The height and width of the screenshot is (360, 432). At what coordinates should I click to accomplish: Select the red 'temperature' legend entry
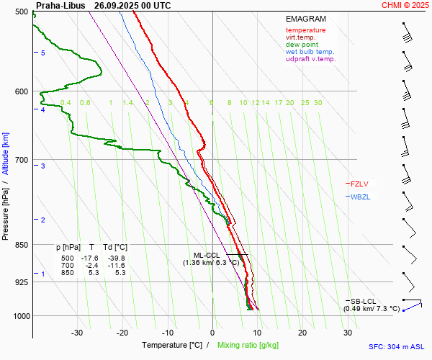[305, 30]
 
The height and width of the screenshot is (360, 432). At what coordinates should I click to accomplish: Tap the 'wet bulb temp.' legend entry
[310, 52]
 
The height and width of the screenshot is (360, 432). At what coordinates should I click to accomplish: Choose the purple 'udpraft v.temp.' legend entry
[310, 59]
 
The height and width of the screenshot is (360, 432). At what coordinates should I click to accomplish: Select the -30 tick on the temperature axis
[77, 333]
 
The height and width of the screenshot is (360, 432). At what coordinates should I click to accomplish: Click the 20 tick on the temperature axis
[302, 333]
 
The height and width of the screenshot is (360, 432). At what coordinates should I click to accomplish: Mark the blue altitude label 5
[42, 53]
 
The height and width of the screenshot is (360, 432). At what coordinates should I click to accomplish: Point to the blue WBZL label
[361, 197]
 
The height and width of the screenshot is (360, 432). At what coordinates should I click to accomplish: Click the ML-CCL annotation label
[207, 255]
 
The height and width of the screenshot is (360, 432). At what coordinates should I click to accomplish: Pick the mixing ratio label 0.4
[66, 103]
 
